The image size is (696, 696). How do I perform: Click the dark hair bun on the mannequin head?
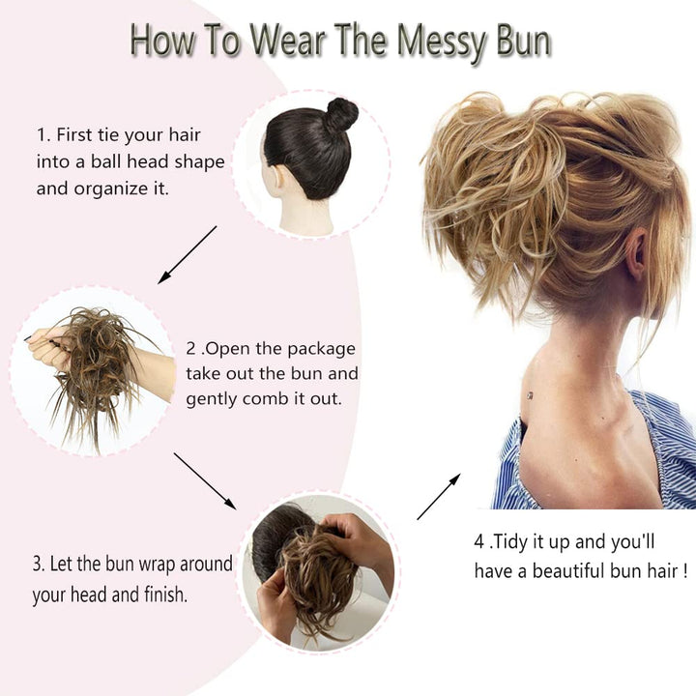pos(340,115)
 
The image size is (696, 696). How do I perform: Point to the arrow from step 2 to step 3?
pos(205,480)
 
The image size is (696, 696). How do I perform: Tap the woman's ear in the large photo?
pos(635,253)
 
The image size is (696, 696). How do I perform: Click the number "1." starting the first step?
pos(43,135)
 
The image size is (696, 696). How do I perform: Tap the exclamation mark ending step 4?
pos(684,571)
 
